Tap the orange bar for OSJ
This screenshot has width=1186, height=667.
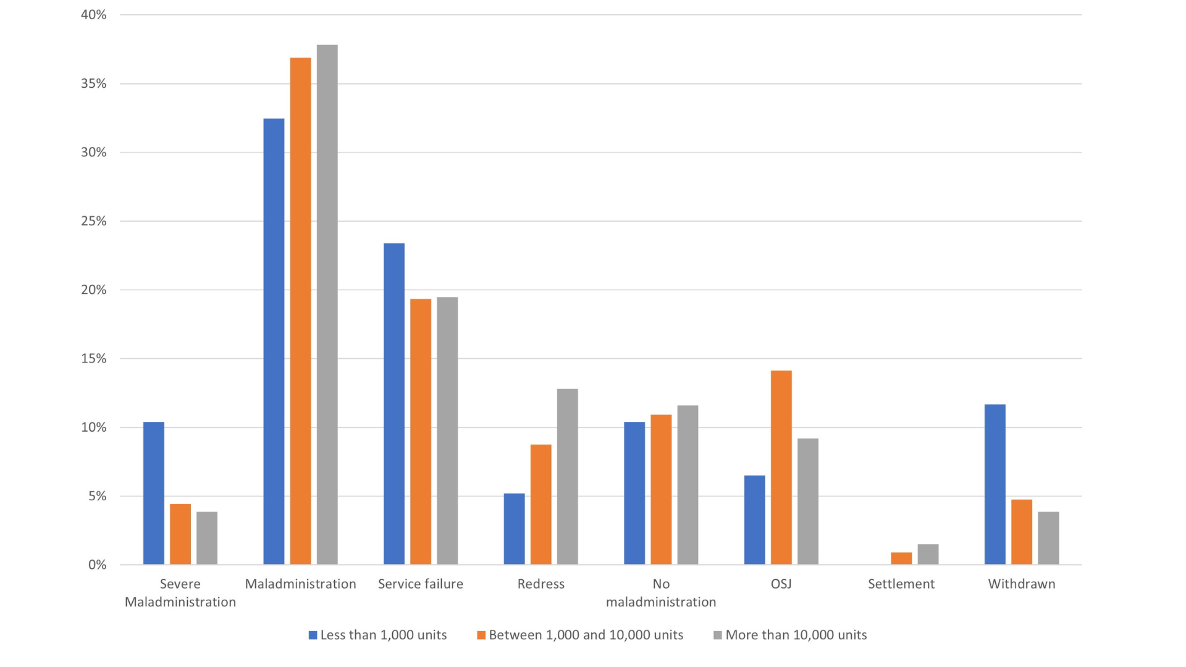pyautogui.click(x=781, y=467)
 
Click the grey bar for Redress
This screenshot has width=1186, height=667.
pyautogui.click(x=568, y=476)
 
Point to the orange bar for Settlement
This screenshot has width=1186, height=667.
pyautogui.click(x=901, y=558)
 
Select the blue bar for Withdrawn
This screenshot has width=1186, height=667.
pyautogui.click(x=995, y=484)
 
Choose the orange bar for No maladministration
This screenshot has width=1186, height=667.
pyautogui.click(x=661, y=489)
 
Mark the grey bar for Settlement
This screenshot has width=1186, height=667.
pyautogui.click(x=928, y=554)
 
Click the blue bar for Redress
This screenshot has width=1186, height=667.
pyautogui.click(x=514, y=529)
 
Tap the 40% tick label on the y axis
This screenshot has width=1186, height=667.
pyautogui.click(x=94, y=15)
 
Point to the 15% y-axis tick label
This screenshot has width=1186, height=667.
pyautogui.click(x=94, y=359)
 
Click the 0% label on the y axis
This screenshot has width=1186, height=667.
pyautogui.click(x=98, y=565)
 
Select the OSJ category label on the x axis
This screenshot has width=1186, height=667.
pyautogui.click(x=781, y=584)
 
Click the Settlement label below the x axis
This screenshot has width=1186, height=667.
pyautogui.click(x=901, y=584)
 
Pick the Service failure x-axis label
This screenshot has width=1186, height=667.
pyautogui.click(x=420, y=584)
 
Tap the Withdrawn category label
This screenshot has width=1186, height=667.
pyautogui.click(x=1021, y=584)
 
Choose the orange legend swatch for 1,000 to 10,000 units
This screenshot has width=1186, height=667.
pyautogui.click(x=481, y=635)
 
